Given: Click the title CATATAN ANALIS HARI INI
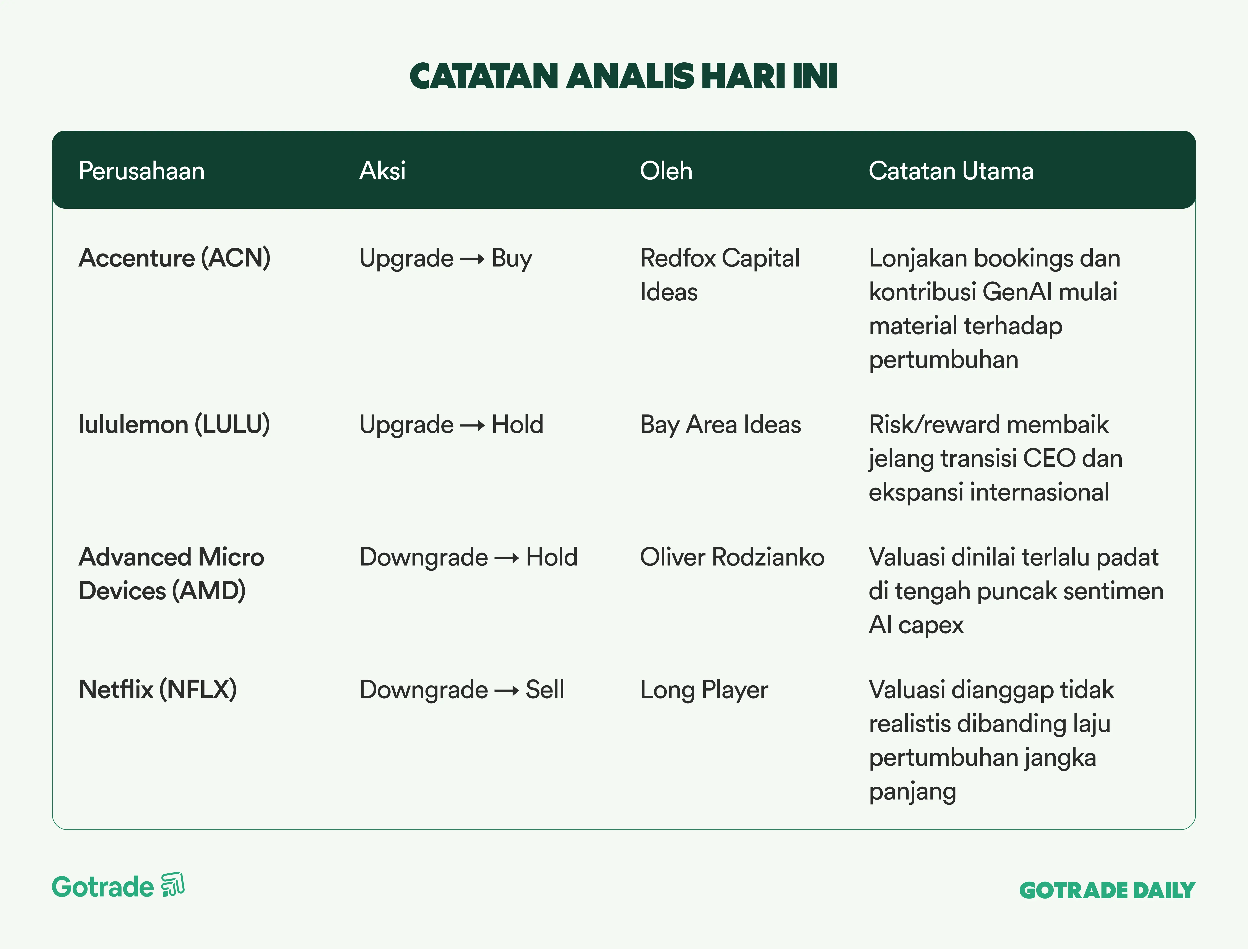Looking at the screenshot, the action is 624,76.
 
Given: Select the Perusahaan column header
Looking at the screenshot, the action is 141,171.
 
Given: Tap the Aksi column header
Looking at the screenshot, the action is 382,171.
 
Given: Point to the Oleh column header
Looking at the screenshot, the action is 666,171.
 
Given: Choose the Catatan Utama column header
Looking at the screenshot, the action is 951,171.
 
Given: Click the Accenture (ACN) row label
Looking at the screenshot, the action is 175,258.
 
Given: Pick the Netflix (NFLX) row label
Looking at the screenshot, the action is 158,690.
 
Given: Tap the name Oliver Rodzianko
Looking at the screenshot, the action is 732,557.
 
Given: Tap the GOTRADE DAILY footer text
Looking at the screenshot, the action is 1107,890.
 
